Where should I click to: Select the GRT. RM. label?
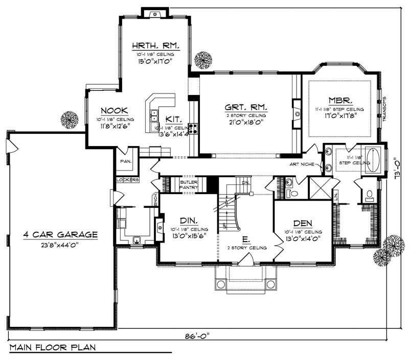point(246,108)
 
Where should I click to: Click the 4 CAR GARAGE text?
point(60,235)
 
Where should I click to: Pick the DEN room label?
point(303,223)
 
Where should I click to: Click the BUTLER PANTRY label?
point(189,184)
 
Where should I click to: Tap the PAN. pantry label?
point(126,161)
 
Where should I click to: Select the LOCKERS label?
point(127,180)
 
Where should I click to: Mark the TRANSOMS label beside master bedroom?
point(384,107)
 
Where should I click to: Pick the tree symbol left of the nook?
point(70,120)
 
